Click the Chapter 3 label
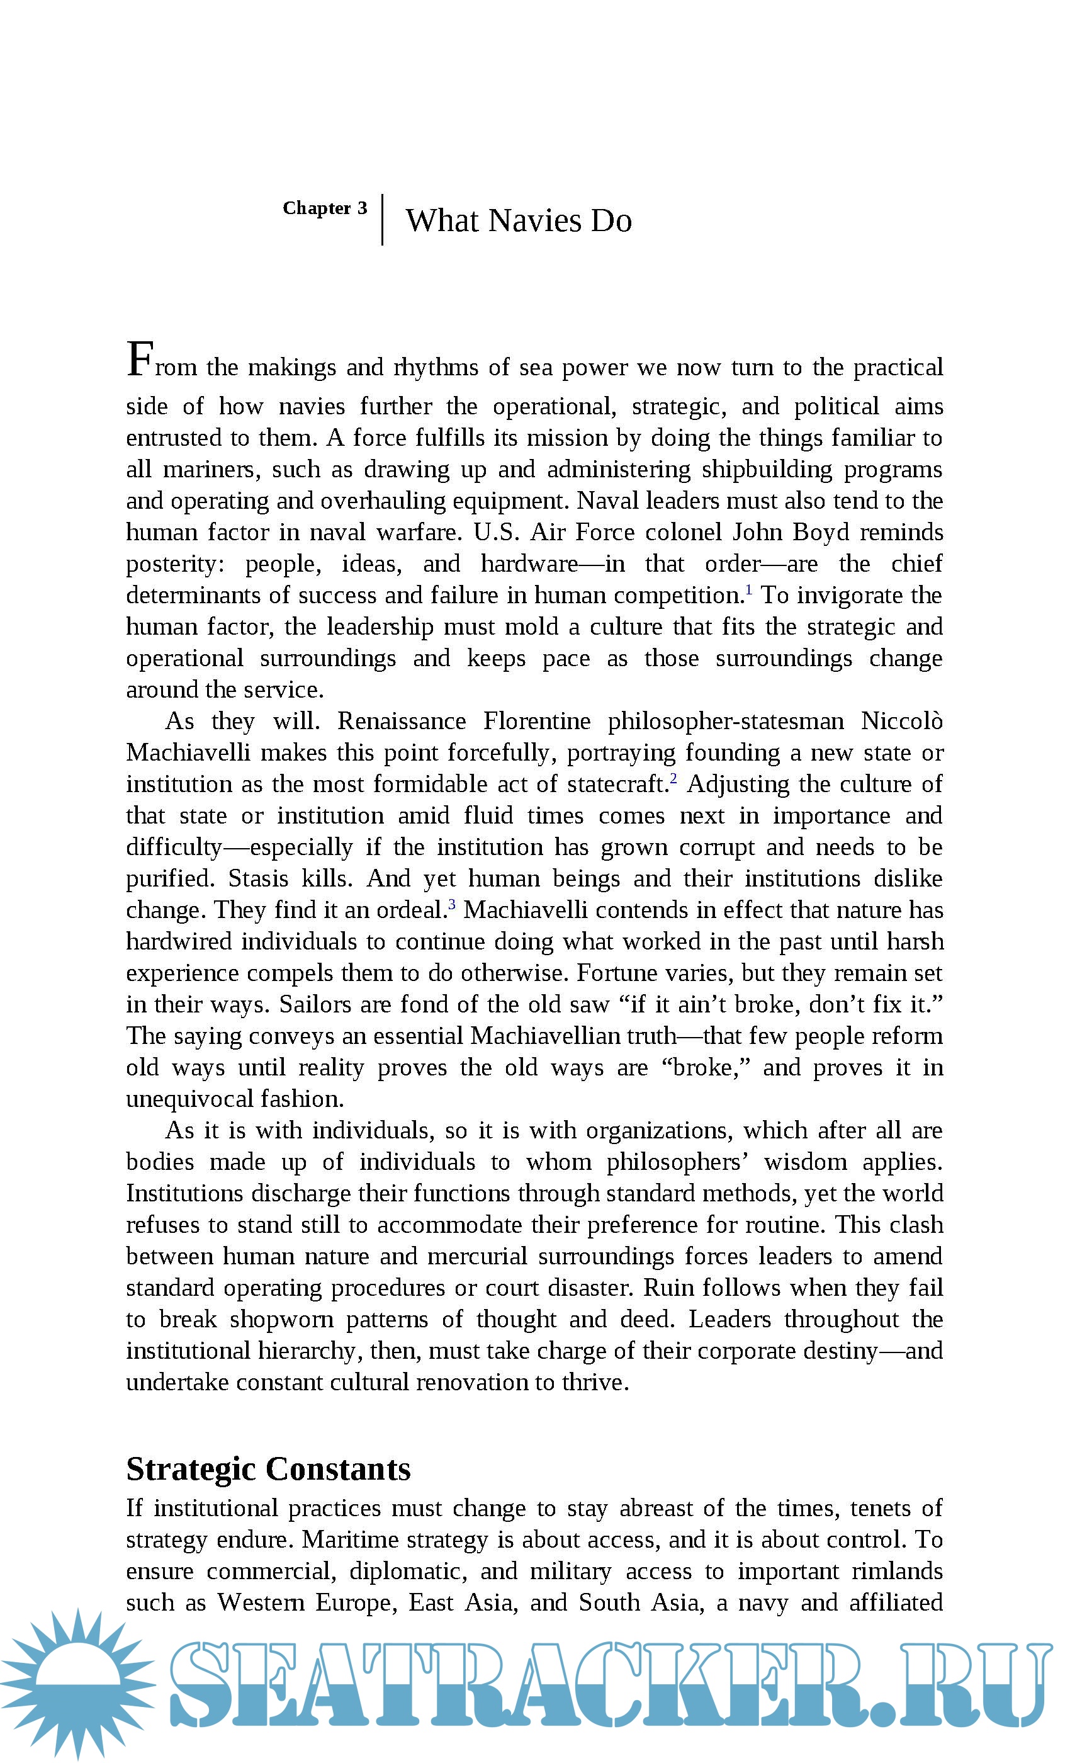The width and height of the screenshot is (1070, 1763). (x=325, y=208)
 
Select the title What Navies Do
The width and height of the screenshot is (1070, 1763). (x=519, y=220)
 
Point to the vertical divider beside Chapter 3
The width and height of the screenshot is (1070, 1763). (x=383, y=220)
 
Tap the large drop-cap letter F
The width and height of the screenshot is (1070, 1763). (x=140, y=359)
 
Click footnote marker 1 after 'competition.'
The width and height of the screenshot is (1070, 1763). (x=749, y=589)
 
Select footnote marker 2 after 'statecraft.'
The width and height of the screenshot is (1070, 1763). (x=673, y=778)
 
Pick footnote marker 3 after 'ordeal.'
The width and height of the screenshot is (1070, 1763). (x=452, y=904)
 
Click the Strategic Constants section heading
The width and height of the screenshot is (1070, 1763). (x=268, y=1469)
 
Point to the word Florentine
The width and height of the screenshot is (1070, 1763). (x=537, y=721)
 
